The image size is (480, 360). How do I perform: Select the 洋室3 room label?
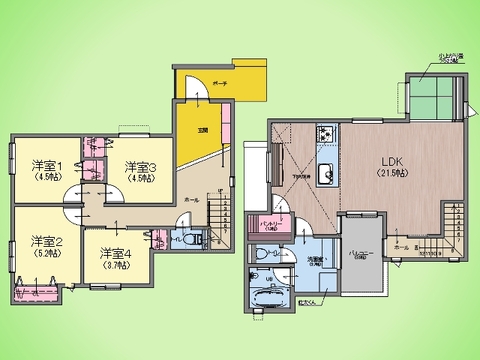pos(141,165)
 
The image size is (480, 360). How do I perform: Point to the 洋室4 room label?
pos(113,253)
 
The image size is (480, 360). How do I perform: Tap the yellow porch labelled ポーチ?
pos(225,83)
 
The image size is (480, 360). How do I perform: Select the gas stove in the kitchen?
pos(327,135)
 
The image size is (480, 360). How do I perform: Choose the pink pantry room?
pos(268,224)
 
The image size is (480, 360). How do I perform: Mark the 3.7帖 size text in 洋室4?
pos(113,266)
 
